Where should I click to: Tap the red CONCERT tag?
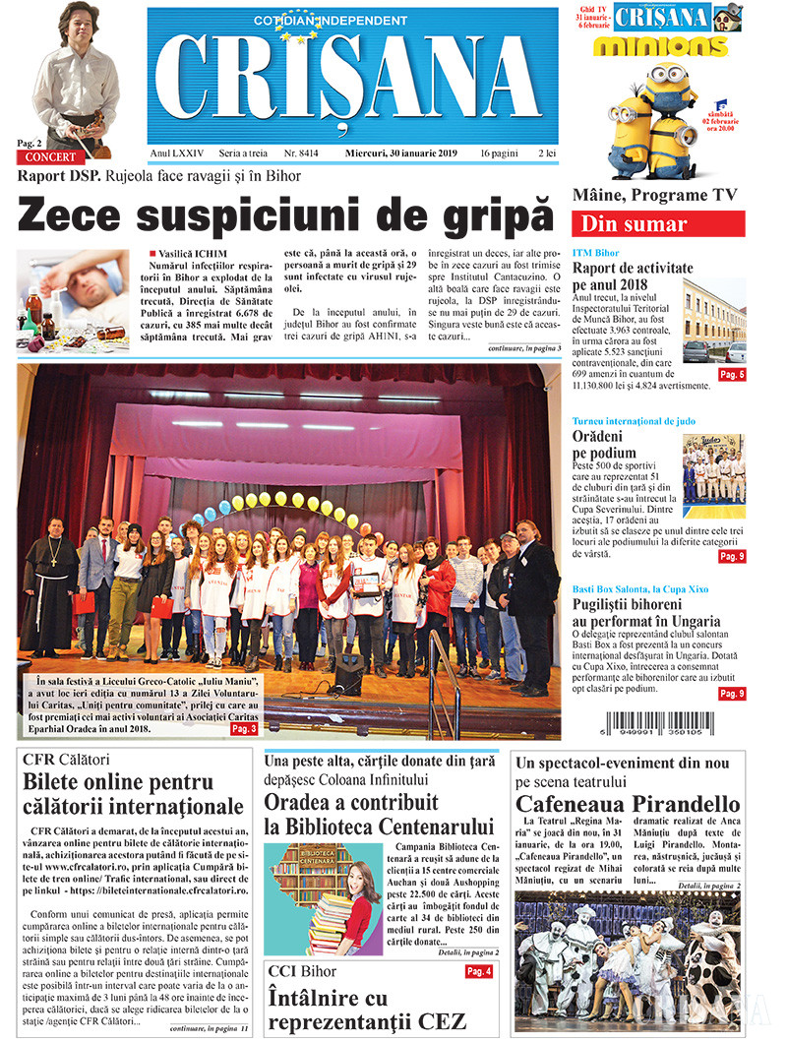tap(49, 157)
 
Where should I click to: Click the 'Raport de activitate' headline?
tap(633, 268)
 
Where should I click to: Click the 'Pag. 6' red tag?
tap(732, 375)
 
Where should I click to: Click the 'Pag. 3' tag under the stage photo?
tap(245, 729)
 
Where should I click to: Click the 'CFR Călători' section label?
tap(64, 760)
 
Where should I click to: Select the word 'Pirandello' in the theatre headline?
tap(686, 804)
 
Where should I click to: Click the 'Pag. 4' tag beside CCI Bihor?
tap(479, 971)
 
